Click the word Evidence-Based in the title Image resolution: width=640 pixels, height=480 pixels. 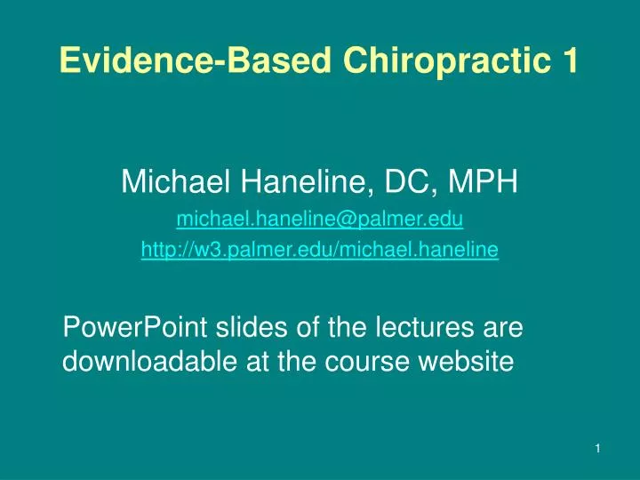pos(195,60)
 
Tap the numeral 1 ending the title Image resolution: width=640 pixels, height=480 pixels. pos(571,60)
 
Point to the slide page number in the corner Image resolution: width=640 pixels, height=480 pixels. pos(597,449)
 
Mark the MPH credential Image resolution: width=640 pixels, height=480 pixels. pos(484,180)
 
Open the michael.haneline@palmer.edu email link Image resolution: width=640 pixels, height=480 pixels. pos(320,220)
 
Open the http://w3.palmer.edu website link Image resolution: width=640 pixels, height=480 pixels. pos(320,250)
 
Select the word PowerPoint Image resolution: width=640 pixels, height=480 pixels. pos(135,327)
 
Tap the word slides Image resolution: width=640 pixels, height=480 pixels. pos(252,327)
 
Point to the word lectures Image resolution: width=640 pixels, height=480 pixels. pos(425,327)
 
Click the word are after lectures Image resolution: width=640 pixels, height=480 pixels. pos(503,330)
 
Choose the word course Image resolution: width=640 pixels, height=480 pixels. pos(367,364)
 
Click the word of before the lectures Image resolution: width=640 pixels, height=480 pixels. pos(308,327)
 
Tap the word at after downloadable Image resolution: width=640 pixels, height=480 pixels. pos(257,362)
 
